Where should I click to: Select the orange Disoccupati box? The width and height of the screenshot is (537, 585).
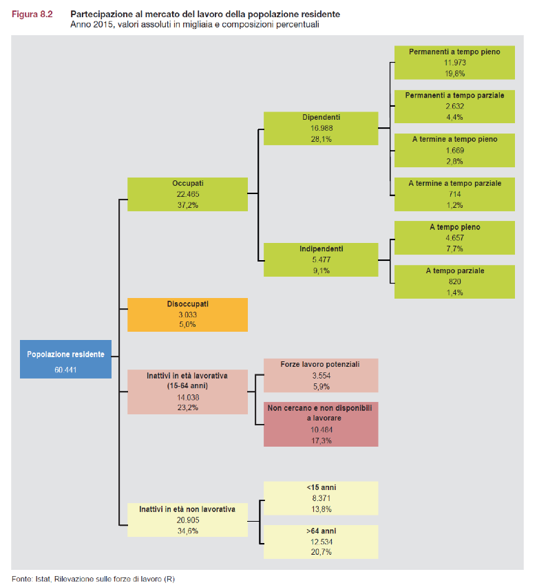(x=187, y=315)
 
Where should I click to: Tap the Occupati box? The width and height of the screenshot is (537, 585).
(x=187, y=194)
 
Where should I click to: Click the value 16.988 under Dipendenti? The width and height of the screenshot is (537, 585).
(x=321, y=128)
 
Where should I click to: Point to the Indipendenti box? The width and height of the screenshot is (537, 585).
(x=321, y=259)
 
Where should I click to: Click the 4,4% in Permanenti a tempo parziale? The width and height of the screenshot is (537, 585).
(x=454, y=117)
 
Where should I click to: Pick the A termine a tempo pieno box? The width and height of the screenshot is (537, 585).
(x=454, y=150)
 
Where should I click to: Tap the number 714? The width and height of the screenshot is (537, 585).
(x=454, y=194)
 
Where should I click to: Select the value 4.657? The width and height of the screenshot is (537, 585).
(x=454, y=237)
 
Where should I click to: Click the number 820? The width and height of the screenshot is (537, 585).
(x=454, y=281)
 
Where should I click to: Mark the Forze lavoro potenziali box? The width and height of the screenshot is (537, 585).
(x=321, y=374)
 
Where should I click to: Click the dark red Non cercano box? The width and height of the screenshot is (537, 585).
(x=321, y=424)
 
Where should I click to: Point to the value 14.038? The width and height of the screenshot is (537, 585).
(x=187, y=397)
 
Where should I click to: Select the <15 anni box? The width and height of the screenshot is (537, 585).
(x=321, y=498)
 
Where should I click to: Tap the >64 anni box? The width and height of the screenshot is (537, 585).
(x=321, y=542)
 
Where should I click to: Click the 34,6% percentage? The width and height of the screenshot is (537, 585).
(x=187, y=531)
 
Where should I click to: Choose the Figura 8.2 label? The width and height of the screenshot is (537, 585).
(x=32, y=14)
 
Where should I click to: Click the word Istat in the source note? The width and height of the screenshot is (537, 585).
(x=43, y=579)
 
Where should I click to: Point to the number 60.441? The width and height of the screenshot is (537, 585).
(x=65, y=370)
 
